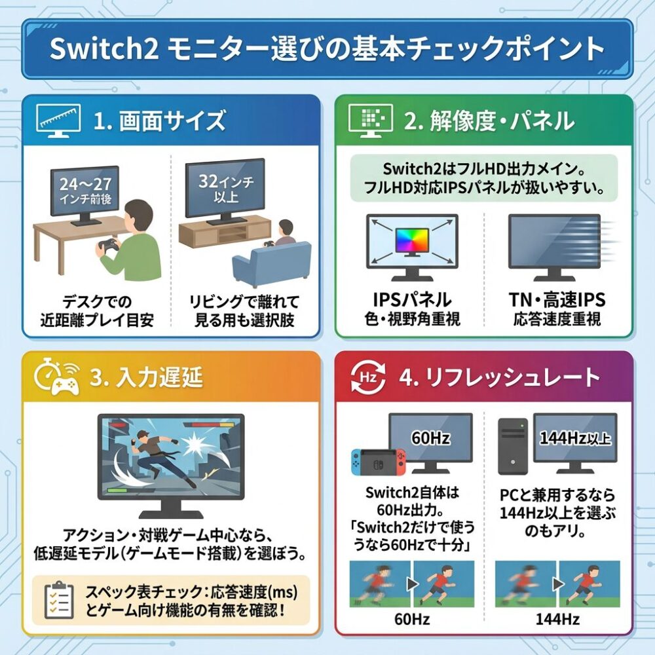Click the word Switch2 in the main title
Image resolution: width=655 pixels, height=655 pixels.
(x=104, y=48)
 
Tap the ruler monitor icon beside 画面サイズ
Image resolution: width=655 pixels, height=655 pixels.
(x=58, y=121)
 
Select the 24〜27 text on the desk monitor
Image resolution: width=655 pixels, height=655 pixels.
(x=85, y=184)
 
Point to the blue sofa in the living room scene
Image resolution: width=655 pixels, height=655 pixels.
(x=272, y=263)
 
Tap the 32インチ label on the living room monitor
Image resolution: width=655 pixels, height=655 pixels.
(x=225, y=181)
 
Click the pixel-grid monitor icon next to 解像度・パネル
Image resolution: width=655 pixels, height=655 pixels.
(x=371, y=121)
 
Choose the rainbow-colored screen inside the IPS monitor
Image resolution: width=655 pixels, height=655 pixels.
(x=412, y=241)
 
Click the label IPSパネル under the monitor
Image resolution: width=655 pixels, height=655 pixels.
(x=412, y=300)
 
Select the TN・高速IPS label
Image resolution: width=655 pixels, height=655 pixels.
(x=557, y=300)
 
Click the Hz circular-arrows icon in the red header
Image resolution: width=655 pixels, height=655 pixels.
(x=368, y=378)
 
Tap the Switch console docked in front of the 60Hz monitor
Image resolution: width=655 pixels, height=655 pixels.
(x=379, y=462)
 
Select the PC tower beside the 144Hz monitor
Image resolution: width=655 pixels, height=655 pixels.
(x=513, y=447)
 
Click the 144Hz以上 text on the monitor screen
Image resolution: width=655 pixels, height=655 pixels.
(x=575, y=438)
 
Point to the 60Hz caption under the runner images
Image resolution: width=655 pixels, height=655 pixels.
(x=412, y=619)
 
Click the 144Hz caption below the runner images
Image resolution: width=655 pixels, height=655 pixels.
(x=557, y=619)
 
